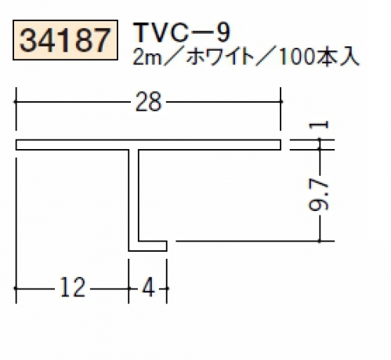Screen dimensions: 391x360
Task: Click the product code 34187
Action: point(65,40)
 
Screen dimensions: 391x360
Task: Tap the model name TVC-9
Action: point(183,32)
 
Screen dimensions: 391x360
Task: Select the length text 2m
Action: point(147,57)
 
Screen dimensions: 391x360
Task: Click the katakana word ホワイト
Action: point(221,57)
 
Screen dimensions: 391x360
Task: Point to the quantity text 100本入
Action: point(319,57)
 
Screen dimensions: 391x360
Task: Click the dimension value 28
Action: point(148,102)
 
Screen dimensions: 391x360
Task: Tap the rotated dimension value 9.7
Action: point(318,196)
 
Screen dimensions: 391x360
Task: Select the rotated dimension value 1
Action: point(318,125)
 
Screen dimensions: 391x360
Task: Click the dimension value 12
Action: point(73,287)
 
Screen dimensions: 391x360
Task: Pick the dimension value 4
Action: point(148,287)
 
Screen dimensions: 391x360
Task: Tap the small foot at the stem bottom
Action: point(152,245)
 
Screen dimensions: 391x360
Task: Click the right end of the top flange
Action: point(281,145)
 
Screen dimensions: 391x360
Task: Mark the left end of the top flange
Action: point(16,145)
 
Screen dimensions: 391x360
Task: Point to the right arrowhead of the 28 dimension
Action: point(281,102)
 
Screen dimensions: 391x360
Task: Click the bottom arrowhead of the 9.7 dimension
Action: point(320,241)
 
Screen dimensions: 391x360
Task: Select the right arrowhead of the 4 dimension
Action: point(167,289)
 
